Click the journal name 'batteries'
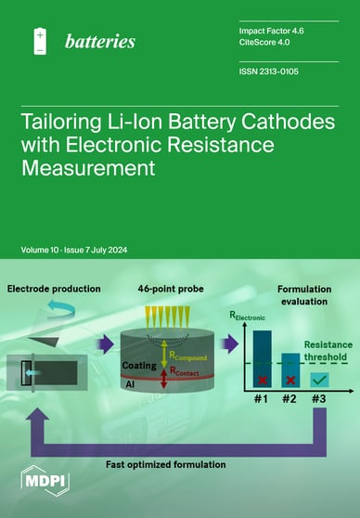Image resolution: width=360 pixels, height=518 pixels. pos(100,41)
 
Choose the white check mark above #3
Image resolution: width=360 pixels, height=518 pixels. pos(320,381)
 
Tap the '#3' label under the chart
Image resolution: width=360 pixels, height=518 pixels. pos(318,401)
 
